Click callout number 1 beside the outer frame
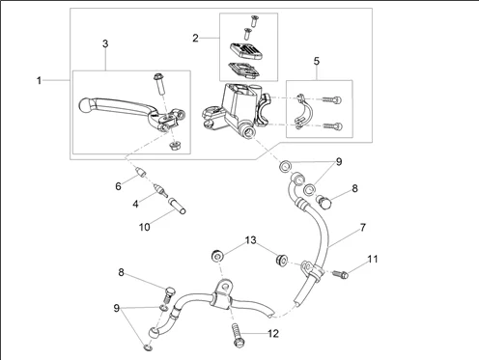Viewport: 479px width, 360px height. click(x=39, y=80)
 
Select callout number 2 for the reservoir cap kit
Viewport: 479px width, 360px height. click(x=195, y=39)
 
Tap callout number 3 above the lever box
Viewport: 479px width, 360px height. click(x=105, y=43)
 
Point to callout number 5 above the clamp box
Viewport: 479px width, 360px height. click(x=317, y=61)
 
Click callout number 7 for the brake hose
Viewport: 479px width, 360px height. click(x=363, y=228)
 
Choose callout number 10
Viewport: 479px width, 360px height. click(x=144, y=227)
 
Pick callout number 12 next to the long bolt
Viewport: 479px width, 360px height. click(x=273, y=334)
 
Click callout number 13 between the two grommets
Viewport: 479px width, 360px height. click(x=251, y=240)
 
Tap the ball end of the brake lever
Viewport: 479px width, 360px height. click(x=85, y=105)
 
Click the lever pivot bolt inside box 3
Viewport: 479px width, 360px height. click(x=158, y=83)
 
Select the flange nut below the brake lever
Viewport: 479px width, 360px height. click(x=175, y=147)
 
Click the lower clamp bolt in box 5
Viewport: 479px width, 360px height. click(x=332, y=126)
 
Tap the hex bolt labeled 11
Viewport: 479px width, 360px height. click(x=340, y=275)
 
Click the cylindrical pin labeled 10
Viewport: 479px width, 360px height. click(x=177, y=206)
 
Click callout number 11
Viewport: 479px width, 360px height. click(x=373, y=259)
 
